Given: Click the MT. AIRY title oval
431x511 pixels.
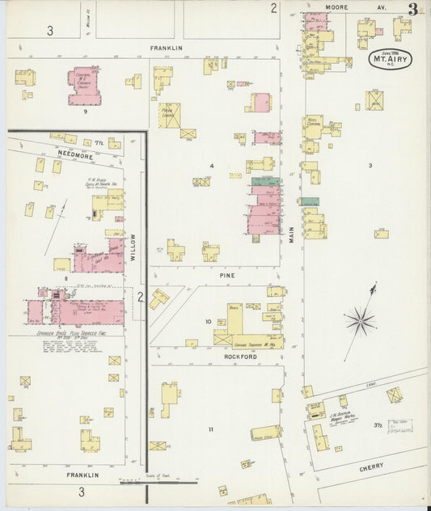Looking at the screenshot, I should [x=391, y=59].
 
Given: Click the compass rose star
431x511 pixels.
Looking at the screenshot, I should [x=361, y=320].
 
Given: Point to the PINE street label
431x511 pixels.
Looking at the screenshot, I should [x=227, y=275].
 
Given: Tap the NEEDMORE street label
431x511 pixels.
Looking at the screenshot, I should [x=71, y=152].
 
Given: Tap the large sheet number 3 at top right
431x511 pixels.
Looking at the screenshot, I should [x=413, y=10].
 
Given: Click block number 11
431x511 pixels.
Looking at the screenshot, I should [x=212, y=429].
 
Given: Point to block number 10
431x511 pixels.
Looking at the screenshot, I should [x=208, y=322].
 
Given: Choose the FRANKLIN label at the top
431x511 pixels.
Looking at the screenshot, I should [x=167, y=49].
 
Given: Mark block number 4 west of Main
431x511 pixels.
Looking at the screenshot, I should [x=212, y=166].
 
